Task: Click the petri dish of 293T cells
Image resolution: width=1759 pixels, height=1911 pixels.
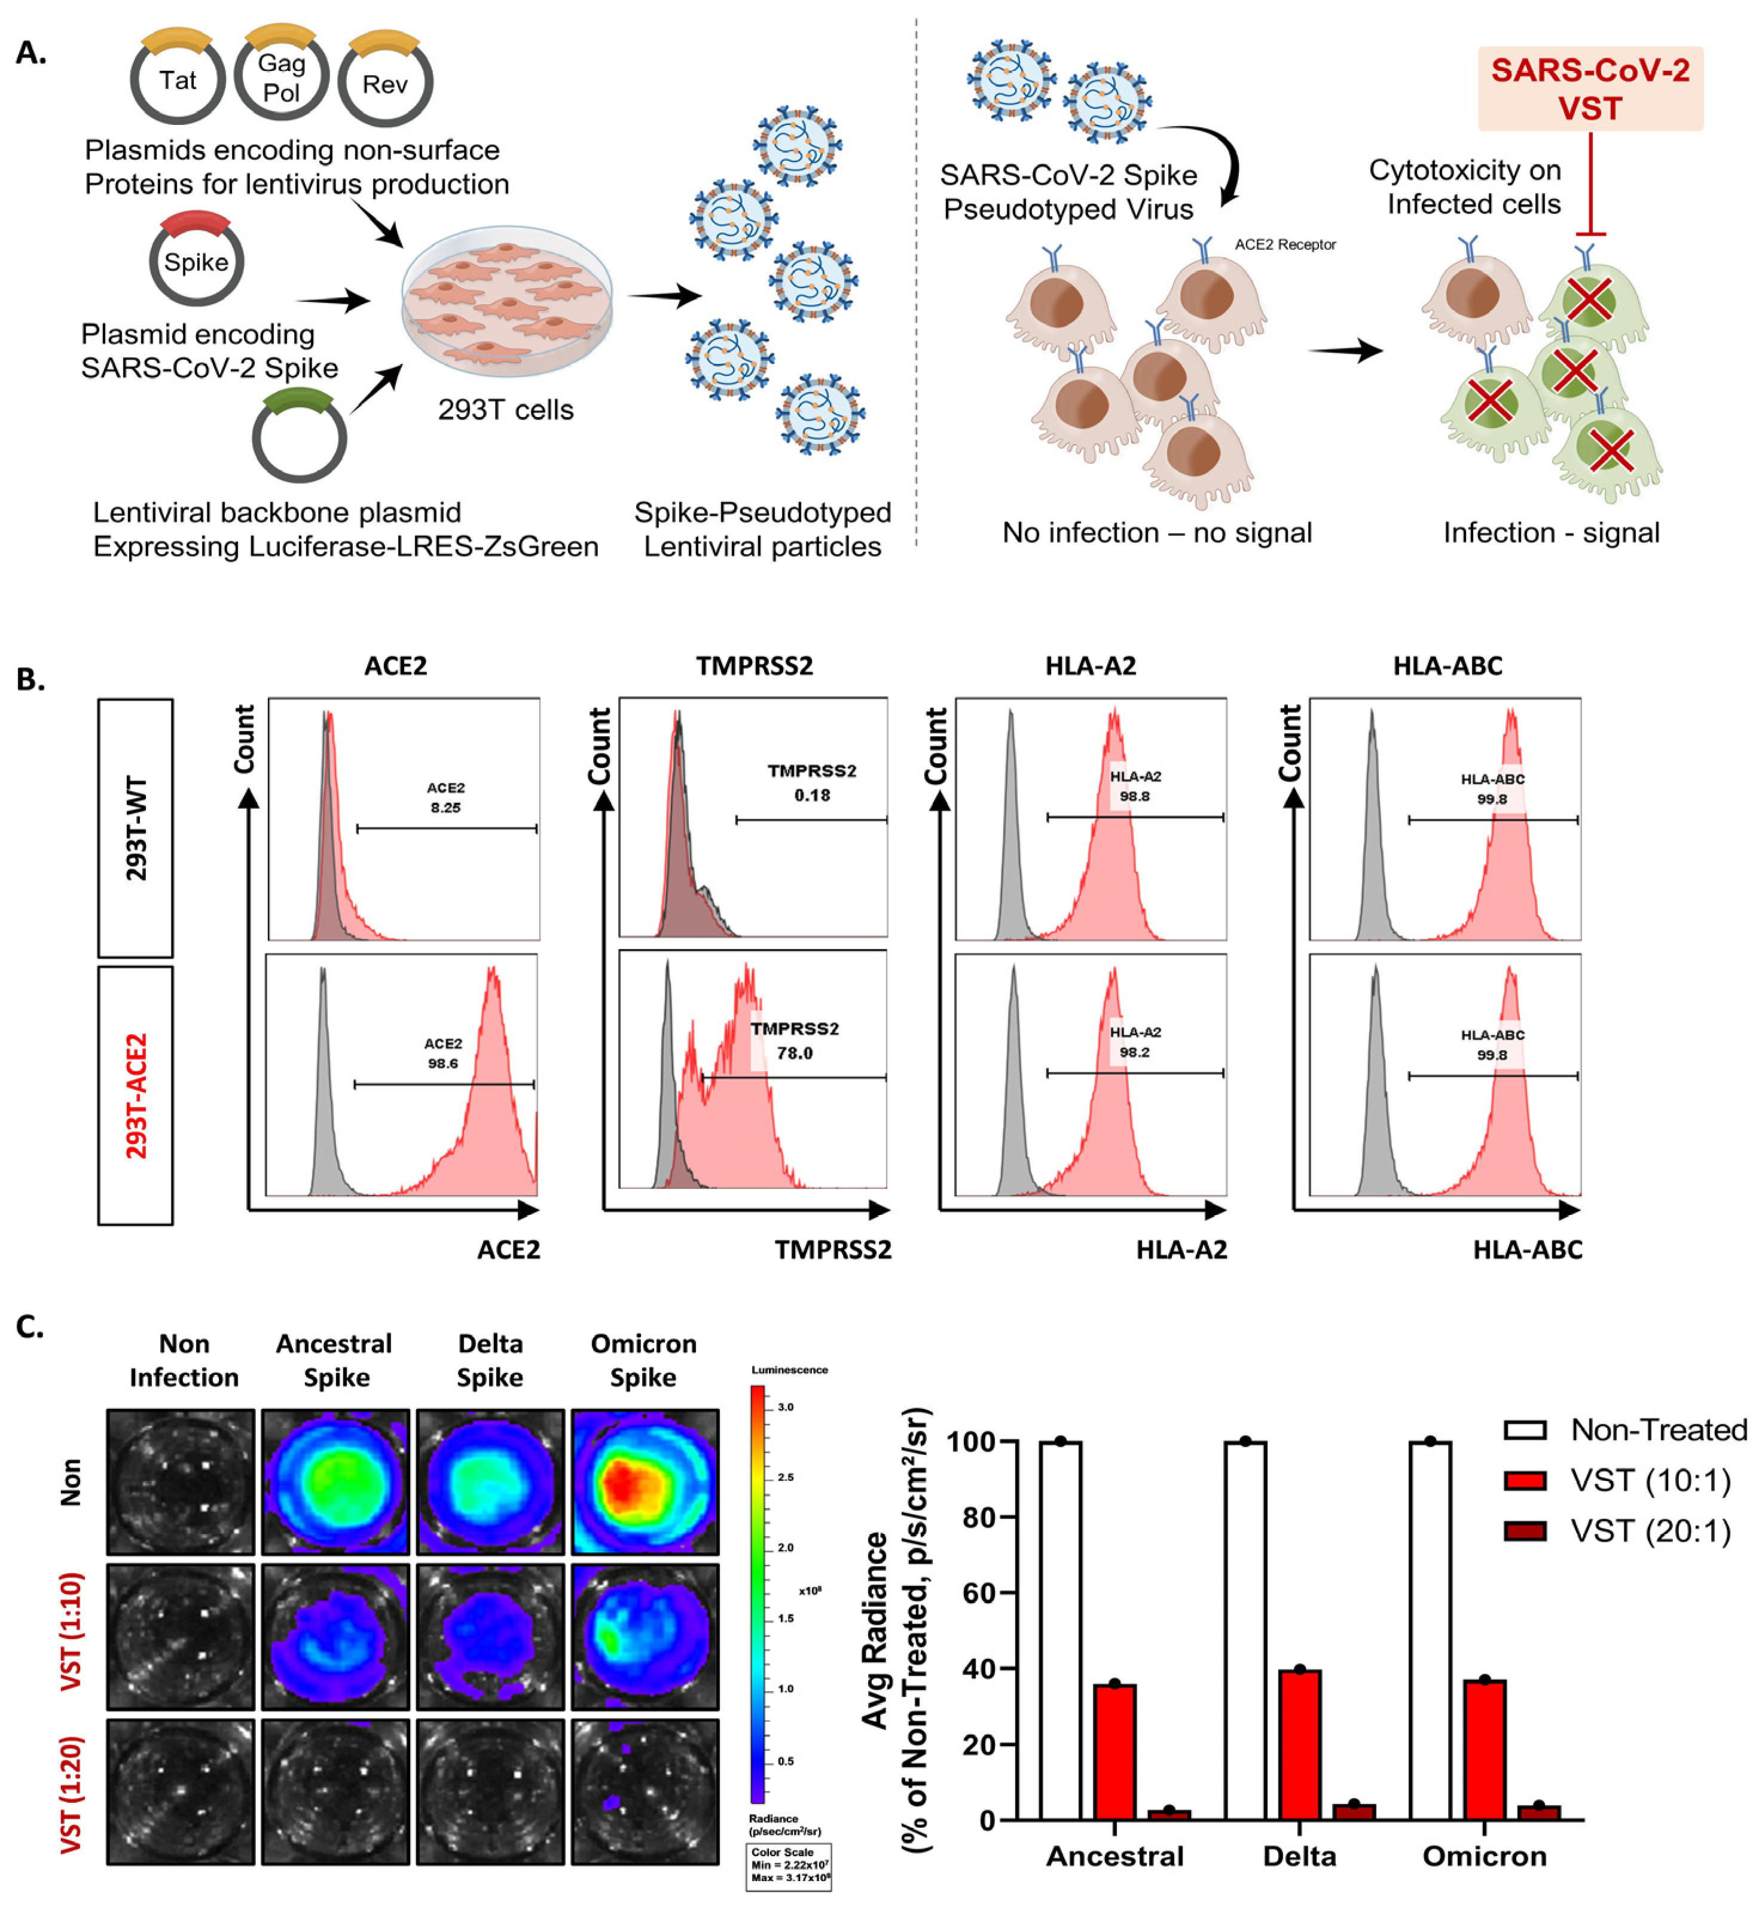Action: point(506,300)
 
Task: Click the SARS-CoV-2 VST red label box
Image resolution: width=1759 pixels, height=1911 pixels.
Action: point(1590,88)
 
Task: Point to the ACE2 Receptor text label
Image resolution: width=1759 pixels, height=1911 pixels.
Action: point(1285,244)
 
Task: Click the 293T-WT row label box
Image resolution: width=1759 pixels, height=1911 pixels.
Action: point(136,828)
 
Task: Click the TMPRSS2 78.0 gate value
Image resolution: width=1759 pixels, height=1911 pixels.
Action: point(794,1053)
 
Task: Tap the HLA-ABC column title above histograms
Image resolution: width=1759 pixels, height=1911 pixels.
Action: point(1447,666)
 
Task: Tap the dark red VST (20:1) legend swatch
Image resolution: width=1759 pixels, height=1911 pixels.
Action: point(1524,1531)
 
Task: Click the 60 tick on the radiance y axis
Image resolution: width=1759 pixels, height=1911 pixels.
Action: point(979,1593)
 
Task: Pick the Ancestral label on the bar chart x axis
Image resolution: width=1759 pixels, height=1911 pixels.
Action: point(1114,1856)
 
